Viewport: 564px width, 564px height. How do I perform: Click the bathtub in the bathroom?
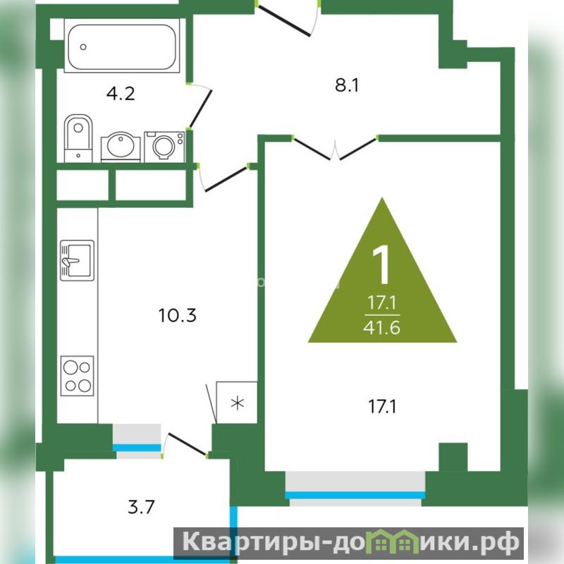coord(122,46)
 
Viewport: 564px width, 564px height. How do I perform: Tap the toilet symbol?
coord(78,138)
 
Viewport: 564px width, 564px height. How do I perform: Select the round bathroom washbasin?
coord(121,147)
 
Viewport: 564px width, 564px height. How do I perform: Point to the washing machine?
coord(164,147)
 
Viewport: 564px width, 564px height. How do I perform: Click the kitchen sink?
coord(78,260)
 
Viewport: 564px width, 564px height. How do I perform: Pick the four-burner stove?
coord(78,376)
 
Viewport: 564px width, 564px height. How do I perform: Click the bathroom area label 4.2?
coord(121,94)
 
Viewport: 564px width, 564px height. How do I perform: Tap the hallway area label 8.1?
coord(347,85)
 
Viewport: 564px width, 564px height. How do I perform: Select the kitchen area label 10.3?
coord(178,315)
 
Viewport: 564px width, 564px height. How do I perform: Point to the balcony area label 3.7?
coord(141,507)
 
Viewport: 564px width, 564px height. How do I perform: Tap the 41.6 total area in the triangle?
coord(381,328)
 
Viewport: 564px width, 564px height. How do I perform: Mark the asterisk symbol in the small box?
coord(238,403)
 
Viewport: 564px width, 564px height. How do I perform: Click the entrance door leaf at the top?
coord(284,21)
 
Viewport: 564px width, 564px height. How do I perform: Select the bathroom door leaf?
coord(200,109)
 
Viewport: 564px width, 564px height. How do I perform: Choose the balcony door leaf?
coord(188,444)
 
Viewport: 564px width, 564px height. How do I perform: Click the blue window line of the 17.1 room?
coord(355,496)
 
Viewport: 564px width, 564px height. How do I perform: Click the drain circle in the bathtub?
coord(83,47)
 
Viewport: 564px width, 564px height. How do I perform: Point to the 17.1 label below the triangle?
coord(382,407)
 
